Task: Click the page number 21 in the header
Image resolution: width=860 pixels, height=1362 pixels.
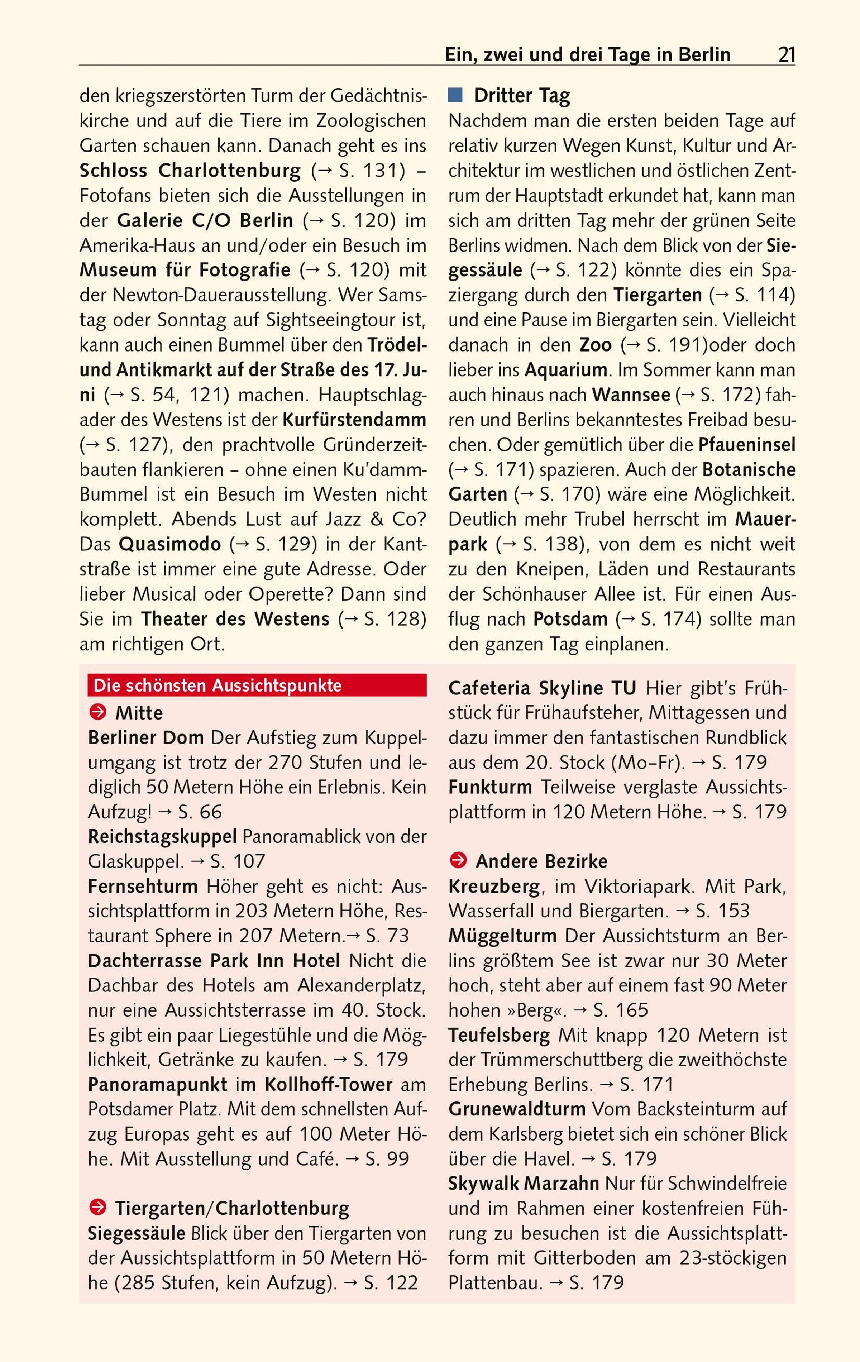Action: pyautogui.click(x=787, y=55)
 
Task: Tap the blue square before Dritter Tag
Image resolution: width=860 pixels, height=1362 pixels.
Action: pyautogui.click(x=455, y=95)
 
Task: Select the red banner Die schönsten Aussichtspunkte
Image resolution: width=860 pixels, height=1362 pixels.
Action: pyautogui.click(x=257, y=685)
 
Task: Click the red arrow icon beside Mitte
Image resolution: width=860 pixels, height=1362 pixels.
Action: pyautogui.click(x=98, y=712)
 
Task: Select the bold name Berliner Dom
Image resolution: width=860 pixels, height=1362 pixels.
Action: pyautogui.click(x=145, y=737)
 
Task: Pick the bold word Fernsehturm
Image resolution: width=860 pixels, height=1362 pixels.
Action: pyautogui.click(x=143, y=886)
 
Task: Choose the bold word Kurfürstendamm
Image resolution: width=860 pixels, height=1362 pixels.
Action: pyautogui.click(x=354, y=420)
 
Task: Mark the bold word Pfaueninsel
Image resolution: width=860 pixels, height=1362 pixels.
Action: pyautogui.click(x=746, y=445)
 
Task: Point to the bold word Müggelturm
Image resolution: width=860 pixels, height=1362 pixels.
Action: pyautogui.click(x=502, y=936)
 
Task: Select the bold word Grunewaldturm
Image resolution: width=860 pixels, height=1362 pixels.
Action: pyautogui.click(x=517, y=1109)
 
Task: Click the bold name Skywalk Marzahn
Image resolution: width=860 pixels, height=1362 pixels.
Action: pyautogui.click(x=524, y=1183)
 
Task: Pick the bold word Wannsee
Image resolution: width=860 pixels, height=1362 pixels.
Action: pyautogui.click(x=631, y=395)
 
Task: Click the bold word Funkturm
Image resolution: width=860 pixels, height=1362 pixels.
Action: pyautogui.click(x=490, y=787)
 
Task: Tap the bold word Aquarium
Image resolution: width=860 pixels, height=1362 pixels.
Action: pyautogui.click(x=566, y=370)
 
